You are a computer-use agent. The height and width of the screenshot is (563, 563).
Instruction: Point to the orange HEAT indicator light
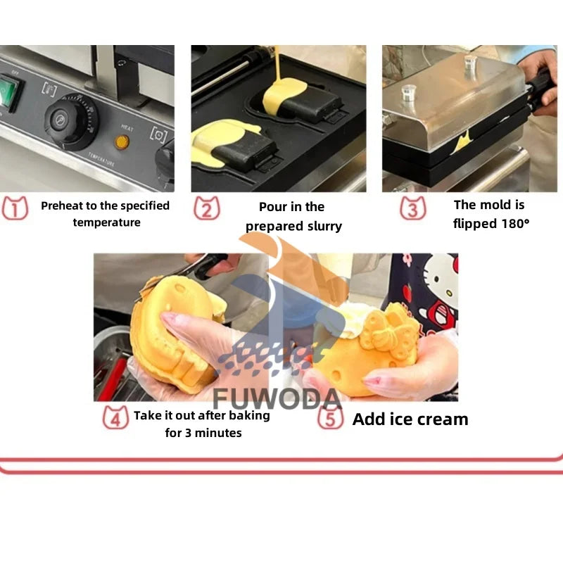click(122, 141)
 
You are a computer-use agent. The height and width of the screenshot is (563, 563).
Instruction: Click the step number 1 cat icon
click(15, 208)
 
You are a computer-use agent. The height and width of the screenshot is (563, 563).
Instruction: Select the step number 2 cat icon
click(206, 208)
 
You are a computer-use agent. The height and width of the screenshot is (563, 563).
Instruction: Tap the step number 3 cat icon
click(413, 208)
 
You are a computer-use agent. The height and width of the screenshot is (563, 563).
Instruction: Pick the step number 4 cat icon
click(115, 418)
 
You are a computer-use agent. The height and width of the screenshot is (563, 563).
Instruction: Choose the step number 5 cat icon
click(330, 419)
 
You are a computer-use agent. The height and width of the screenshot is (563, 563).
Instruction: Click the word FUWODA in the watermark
click(277, 398)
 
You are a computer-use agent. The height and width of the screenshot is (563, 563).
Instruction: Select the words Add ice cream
click(410, 419)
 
